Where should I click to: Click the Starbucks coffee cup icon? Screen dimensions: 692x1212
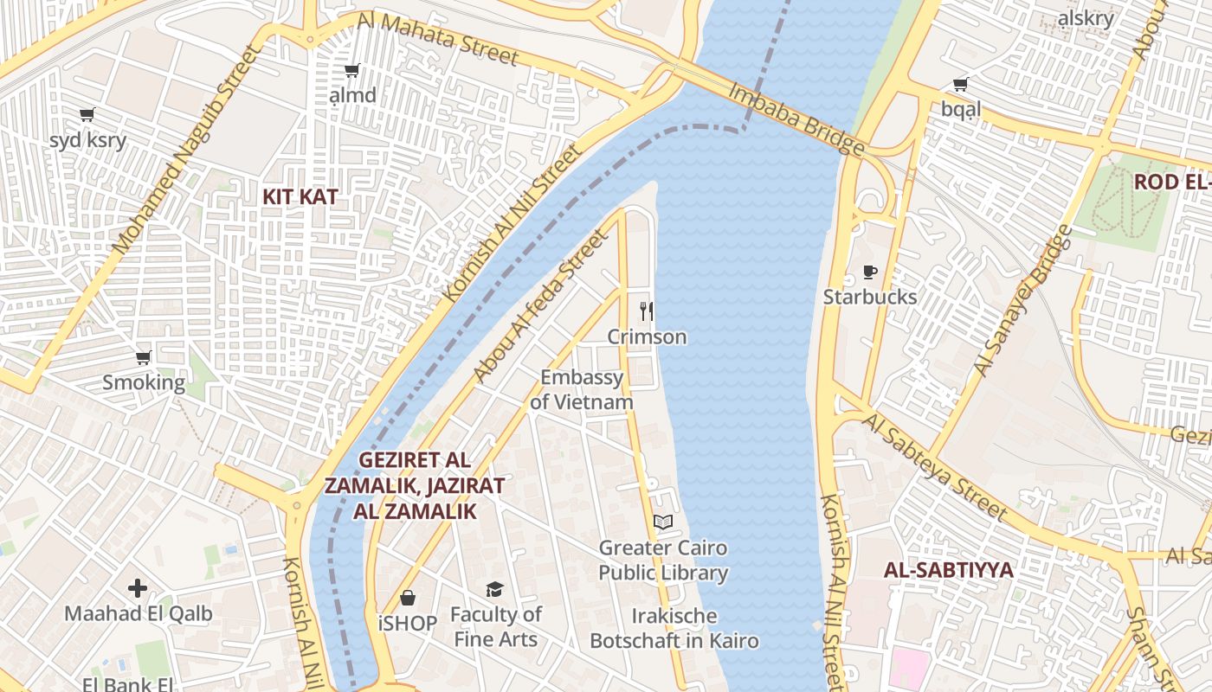[x=869, y=272]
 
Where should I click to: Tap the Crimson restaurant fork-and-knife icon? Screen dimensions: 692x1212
[x=646, y=311]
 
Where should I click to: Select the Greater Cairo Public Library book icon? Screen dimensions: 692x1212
[x=663, y=522]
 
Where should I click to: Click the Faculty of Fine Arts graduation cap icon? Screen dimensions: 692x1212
[x=494, y=589]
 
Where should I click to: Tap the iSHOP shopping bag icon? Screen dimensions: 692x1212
[x=407, y=598]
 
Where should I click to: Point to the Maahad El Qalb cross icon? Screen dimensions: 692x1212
[x=138, y=589]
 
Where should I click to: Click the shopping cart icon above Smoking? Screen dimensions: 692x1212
[x=144, y=357]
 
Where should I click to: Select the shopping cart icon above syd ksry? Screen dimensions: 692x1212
[x=87, y=114]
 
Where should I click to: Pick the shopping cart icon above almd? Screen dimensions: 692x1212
[x=351, y=70]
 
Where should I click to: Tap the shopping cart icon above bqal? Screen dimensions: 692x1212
[x=960, y=84]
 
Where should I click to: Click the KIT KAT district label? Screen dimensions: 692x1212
[x=300, y=197]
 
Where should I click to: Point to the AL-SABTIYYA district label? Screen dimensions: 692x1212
[x=948, y=570]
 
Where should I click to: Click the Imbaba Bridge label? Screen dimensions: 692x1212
[x=796, y=119]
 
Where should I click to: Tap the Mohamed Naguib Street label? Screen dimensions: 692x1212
[x=186, y=149]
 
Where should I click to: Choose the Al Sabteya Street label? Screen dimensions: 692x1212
[x=936, y=466]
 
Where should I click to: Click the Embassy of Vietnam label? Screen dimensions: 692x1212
[x=582, y=389]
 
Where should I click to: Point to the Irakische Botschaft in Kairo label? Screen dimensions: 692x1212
[x=674, y=629]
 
